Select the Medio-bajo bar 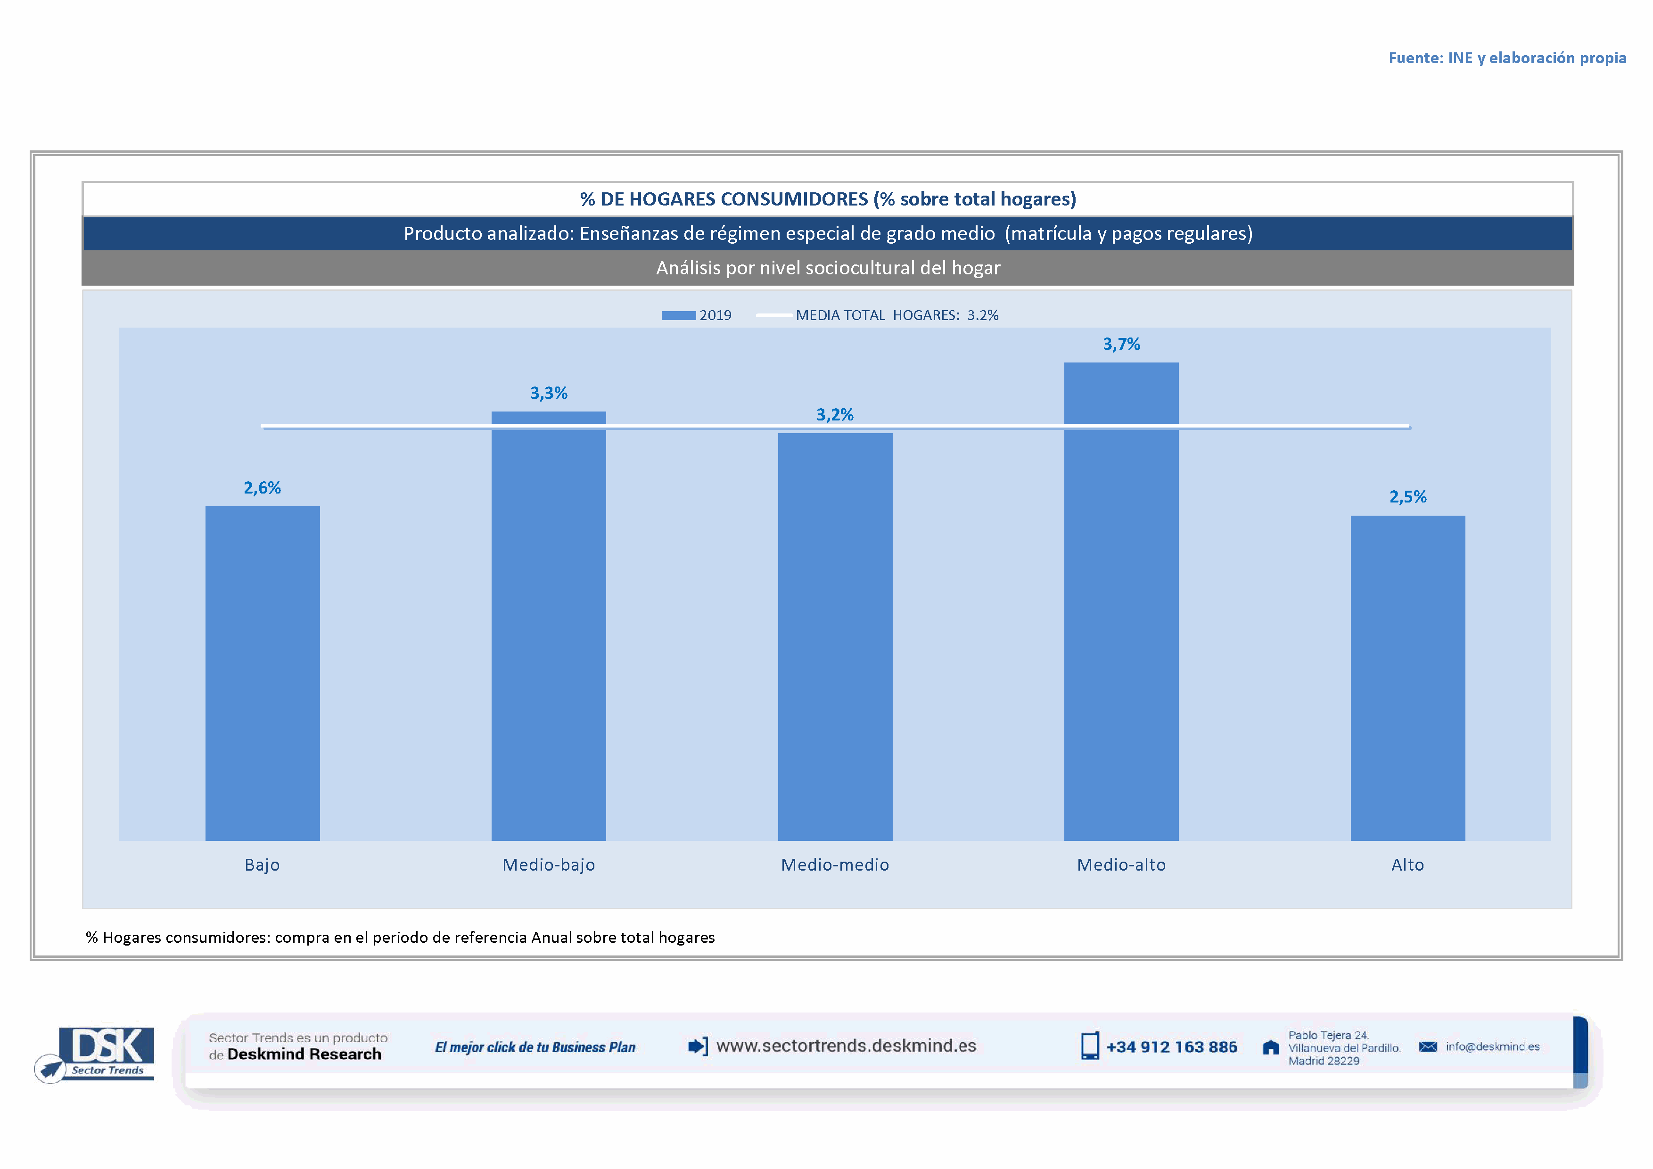pos(549,626)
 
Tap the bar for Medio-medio pos(835,637)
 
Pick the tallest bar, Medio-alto pos(1121,601)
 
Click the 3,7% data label pos(1121,344)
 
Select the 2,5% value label pos(1407,497)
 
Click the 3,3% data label pos(549,393)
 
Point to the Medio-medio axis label pos(835,864)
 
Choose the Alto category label pos(1407,864)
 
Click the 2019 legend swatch pos(678,315)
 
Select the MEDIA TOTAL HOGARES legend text pos(896,315)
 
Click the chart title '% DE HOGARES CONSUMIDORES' pos(828,198)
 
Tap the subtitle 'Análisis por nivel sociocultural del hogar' pos(828,268)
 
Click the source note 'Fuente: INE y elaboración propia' pos(1507,58)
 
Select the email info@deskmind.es pos(1492,1046)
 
